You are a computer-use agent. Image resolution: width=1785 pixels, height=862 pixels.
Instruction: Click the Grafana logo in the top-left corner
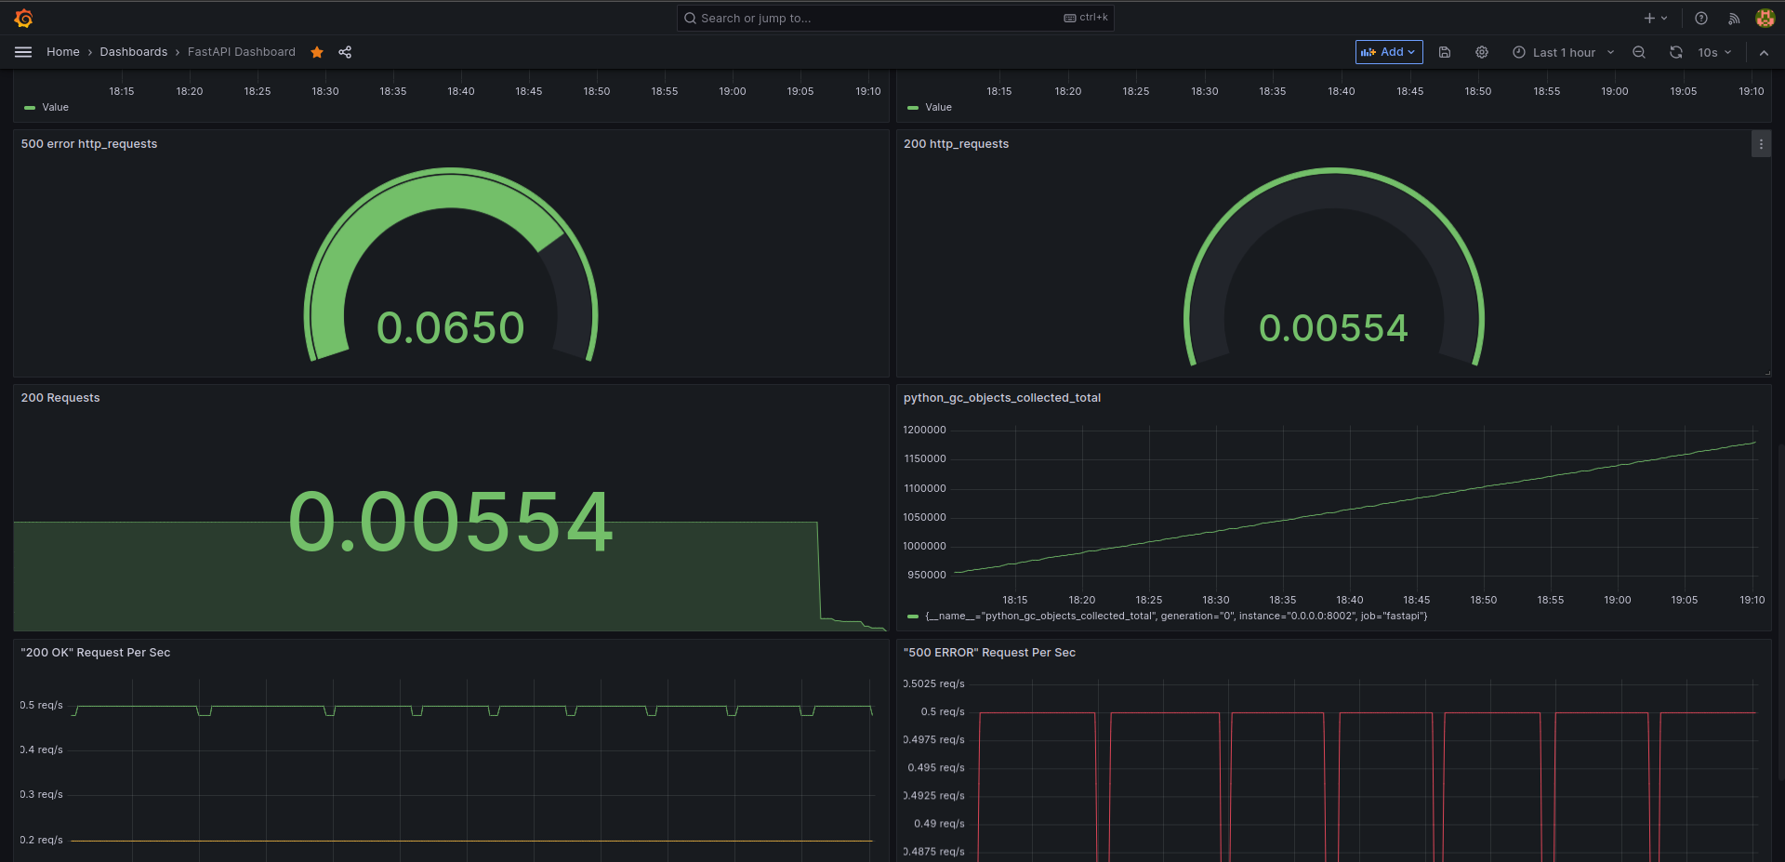click(x=23, y=18)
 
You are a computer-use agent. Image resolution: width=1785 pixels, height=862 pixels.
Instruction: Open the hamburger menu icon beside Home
click(x=23, y=52)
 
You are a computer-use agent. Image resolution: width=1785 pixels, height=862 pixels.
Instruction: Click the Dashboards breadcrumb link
click(x=134, y=52)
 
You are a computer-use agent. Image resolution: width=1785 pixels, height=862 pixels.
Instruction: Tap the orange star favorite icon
click(x=317, y=52)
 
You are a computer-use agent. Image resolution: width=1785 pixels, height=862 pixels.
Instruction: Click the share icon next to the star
click(x=345, y=52)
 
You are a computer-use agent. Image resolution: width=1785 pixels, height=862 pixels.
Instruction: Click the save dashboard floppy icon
click(x=1445, y=52)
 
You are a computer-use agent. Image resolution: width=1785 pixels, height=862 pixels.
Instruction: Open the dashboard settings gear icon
click(x=1482, y=52)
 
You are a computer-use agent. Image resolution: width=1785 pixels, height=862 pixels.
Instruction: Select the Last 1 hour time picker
click(x=1563, y=52)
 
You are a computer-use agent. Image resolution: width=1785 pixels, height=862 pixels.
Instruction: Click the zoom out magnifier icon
click(x=1639, y=52)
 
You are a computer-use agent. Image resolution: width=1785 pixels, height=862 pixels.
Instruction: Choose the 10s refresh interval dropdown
click(x=1714, y=52)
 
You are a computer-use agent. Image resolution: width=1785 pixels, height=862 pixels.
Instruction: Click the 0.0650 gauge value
click(x=451, y=328)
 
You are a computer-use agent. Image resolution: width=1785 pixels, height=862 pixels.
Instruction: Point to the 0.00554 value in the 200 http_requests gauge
click(x=1333, y=328)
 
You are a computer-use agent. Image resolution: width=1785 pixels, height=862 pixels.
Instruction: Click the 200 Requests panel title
click(x=60, y=398)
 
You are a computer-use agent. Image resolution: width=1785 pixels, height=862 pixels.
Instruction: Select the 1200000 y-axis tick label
click(x=924, y=430)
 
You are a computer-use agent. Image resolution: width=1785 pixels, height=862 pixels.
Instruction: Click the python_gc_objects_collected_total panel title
click(x=1002, y=398)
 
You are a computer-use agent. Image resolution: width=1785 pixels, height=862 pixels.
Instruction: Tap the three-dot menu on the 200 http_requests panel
click(x=1761, y=144)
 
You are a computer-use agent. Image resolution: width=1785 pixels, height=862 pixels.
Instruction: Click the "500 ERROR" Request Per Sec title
click(x=989, y=653)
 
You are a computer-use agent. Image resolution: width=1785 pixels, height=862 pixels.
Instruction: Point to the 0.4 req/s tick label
click(x=42, y=749)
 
